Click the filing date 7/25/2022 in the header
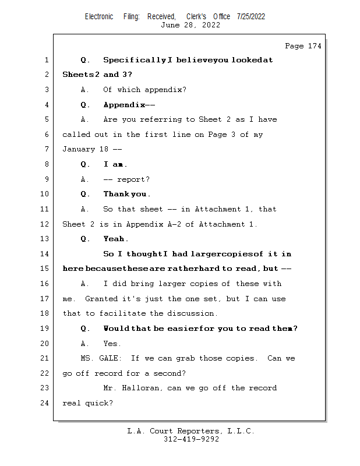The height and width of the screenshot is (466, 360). [251, 16]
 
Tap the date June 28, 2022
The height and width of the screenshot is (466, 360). [190, 25]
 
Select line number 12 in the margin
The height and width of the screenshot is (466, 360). [45, 224]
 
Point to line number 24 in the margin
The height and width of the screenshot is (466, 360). [45, 403]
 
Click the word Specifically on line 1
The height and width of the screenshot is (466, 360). [134, 60]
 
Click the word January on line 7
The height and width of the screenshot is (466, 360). [79, 150]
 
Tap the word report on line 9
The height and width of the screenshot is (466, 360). [131, 179]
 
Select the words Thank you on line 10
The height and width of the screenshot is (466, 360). [126, 194]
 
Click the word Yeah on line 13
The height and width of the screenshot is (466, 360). [115, 239]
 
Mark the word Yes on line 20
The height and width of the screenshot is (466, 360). [112, 344]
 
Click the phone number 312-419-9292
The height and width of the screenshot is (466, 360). [191, 440]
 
